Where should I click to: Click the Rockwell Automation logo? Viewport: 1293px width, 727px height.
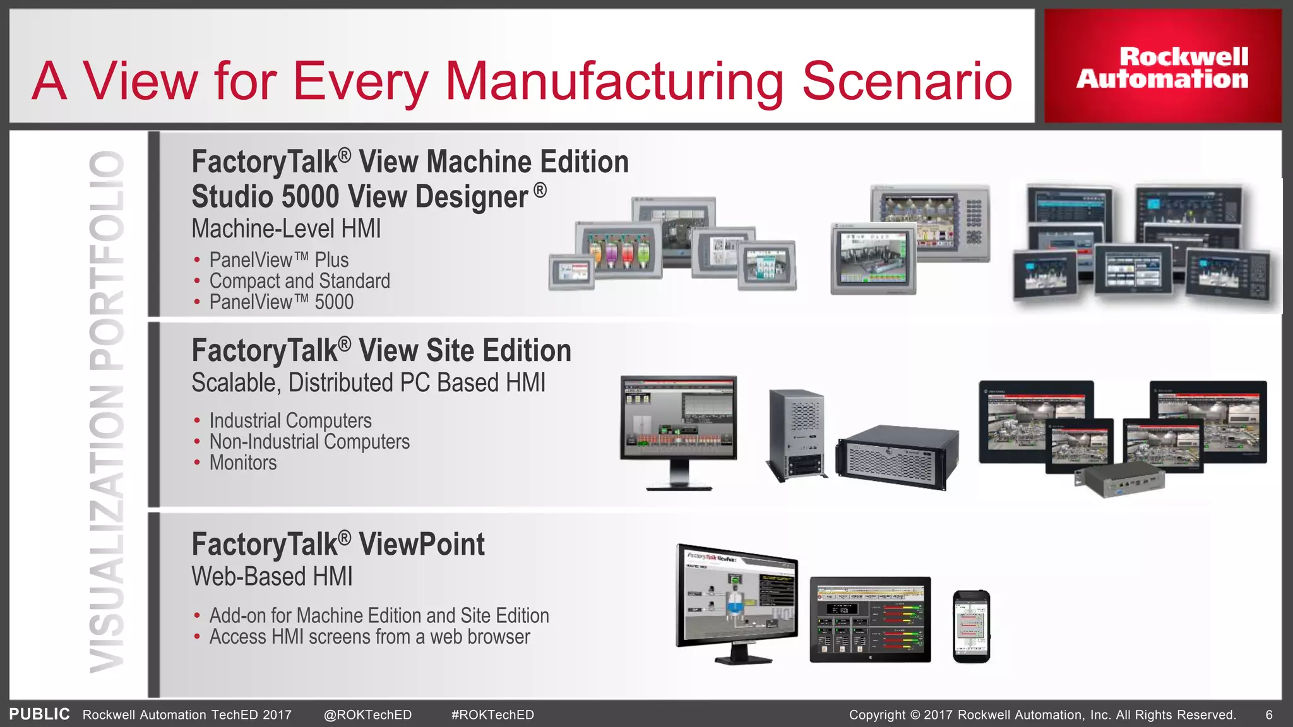coord(1162,67)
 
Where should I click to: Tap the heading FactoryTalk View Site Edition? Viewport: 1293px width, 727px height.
coord(381,351)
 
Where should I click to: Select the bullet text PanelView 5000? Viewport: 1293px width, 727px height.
coord(281,302)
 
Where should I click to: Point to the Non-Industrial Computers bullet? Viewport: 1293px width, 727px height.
coord(309,442)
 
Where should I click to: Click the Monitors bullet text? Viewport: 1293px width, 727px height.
coord(243,463)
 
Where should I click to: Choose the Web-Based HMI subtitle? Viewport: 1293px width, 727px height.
coord(272,577)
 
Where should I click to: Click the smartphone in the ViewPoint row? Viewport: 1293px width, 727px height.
coord(971,627)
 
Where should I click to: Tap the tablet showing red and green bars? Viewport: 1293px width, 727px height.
coord(870,619)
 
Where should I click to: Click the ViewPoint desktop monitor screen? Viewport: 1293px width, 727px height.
coord(737,598)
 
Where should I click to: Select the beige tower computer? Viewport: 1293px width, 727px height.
coord(796,434)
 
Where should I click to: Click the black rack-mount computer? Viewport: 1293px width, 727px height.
coord(897,458)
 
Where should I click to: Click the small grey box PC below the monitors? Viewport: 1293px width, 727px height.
coord(1119,483)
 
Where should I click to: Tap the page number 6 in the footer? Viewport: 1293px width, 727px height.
coord(1269,715)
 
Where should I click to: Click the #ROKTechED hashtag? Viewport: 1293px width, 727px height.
coord(492,715)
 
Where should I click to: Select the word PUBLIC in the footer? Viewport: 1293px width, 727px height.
coord(39,714)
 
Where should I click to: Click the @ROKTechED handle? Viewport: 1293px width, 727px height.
coord(367,715)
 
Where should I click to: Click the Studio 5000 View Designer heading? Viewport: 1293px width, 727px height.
coord(369,196)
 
